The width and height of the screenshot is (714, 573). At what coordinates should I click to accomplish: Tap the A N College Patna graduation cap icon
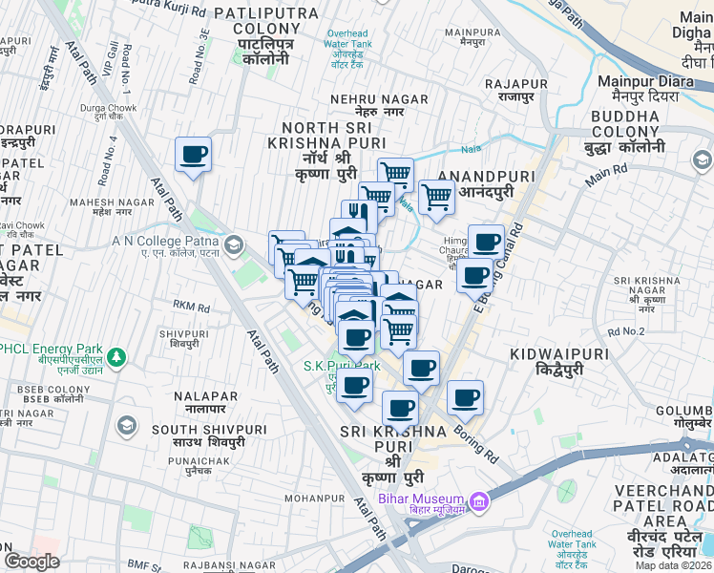(232, 247)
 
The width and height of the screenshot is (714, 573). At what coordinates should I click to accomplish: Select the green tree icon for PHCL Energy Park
(116, 357)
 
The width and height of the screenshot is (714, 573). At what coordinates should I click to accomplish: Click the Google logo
(31, 561)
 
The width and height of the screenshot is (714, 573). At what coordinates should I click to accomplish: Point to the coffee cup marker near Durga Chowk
(194, 156)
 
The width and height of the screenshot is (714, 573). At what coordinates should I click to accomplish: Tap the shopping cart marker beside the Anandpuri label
(436, 197)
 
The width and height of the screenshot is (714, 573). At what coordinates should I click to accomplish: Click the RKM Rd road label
(191, 307)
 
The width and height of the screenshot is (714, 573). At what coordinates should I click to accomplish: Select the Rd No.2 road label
(626, 331)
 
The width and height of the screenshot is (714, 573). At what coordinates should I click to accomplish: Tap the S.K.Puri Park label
(342, 366)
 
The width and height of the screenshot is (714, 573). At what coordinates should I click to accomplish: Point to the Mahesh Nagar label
(104, 201)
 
